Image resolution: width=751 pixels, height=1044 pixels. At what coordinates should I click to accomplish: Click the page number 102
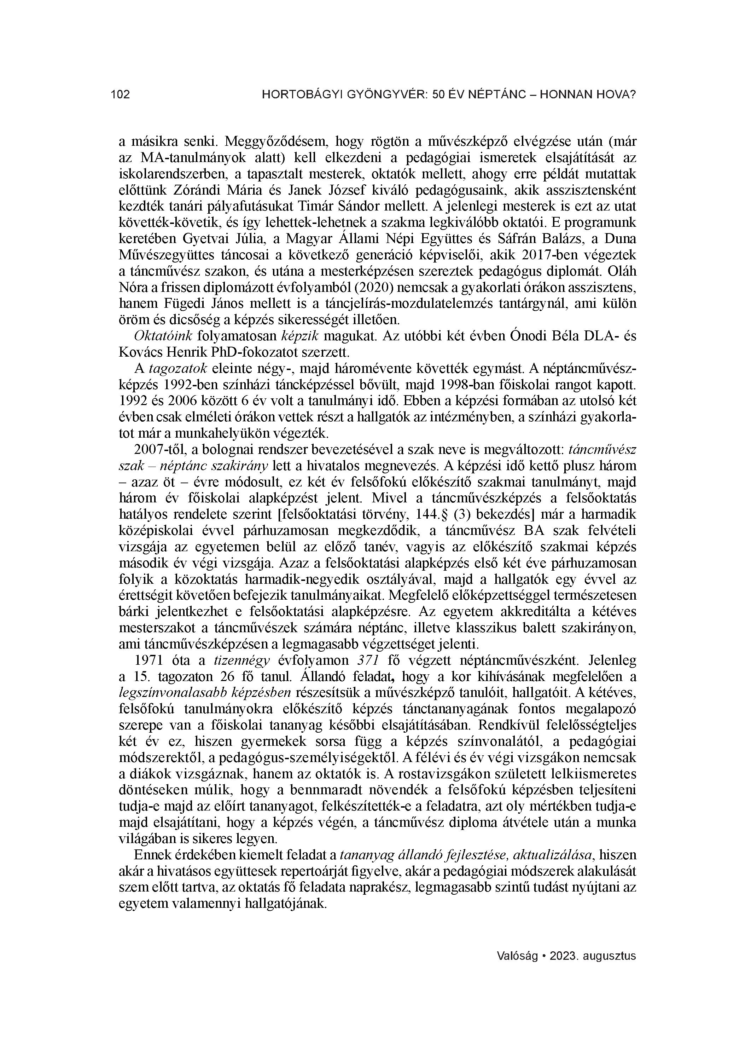point(121,95)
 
